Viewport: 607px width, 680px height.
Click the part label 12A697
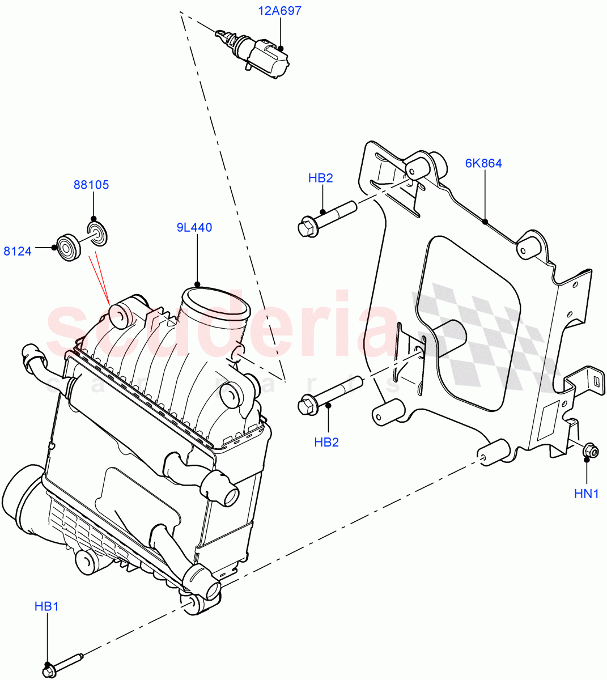point(280,11)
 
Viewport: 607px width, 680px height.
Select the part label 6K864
point(483,163)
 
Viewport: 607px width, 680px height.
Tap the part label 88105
point(91,185)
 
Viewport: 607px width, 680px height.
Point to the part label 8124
point(18,251)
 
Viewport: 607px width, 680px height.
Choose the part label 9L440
point(194,228)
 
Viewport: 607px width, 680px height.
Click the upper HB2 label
point(320,178)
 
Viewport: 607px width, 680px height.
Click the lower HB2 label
point(326,442)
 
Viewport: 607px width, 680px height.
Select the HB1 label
point(46,607)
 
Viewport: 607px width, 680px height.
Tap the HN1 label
point(586,494)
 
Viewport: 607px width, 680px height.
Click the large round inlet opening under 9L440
point(215,303)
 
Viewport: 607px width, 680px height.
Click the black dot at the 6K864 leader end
point(485,222)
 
